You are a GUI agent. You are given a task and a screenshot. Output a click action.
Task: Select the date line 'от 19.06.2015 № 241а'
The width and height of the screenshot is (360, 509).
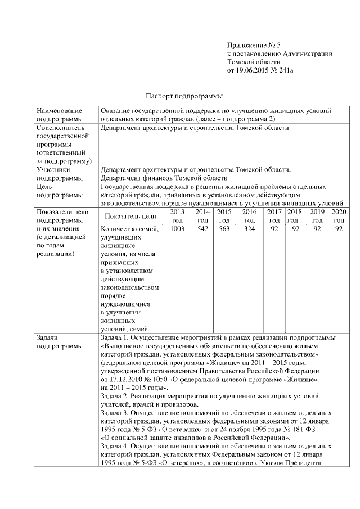point(260,71)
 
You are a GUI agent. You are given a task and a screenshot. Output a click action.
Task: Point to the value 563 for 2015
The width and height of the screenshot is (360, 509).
point(224,229)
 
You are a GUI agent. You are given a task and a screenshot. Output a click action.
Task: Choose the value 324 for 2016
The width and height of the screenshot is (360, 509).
point(249,229)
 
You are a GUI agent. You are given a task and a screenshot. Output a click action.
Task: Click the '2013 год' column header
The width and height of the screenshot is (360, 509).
point(177,216)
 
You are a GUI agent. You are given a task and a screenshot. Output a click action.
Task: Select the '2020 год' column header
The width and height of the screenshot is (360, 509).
point(339,216)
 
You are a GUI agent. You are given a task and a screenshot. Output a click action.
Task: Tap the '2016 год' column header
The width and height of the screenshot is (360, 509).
point(249,216)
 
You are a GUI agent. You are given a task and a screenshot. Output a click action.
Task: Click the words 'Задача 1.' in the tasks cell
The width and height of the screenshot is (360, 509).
point(115,337)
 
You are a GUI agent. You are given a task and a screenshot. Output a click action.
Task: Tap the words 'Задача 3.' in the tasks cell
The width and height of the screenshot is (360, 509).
point(115,412)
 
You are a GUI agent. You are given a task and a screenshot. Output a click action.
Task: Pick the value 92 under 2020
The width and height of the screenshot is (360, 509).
point(339,229)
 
